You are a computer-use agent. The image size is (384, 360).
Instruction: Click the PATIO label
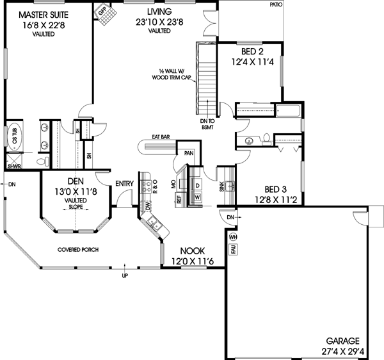275,4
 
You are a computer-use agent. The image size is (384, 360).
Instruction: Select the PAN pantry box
189,154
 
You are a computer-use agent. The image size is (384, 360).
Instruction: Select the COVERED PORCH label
77,249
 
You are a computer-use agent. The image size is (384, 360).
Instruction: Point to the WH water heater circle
234,238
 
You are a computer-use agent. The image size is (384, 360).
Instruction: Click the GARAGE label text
341,341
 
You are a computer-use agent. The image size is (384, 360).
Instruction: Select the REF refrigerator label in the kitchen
179,199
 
